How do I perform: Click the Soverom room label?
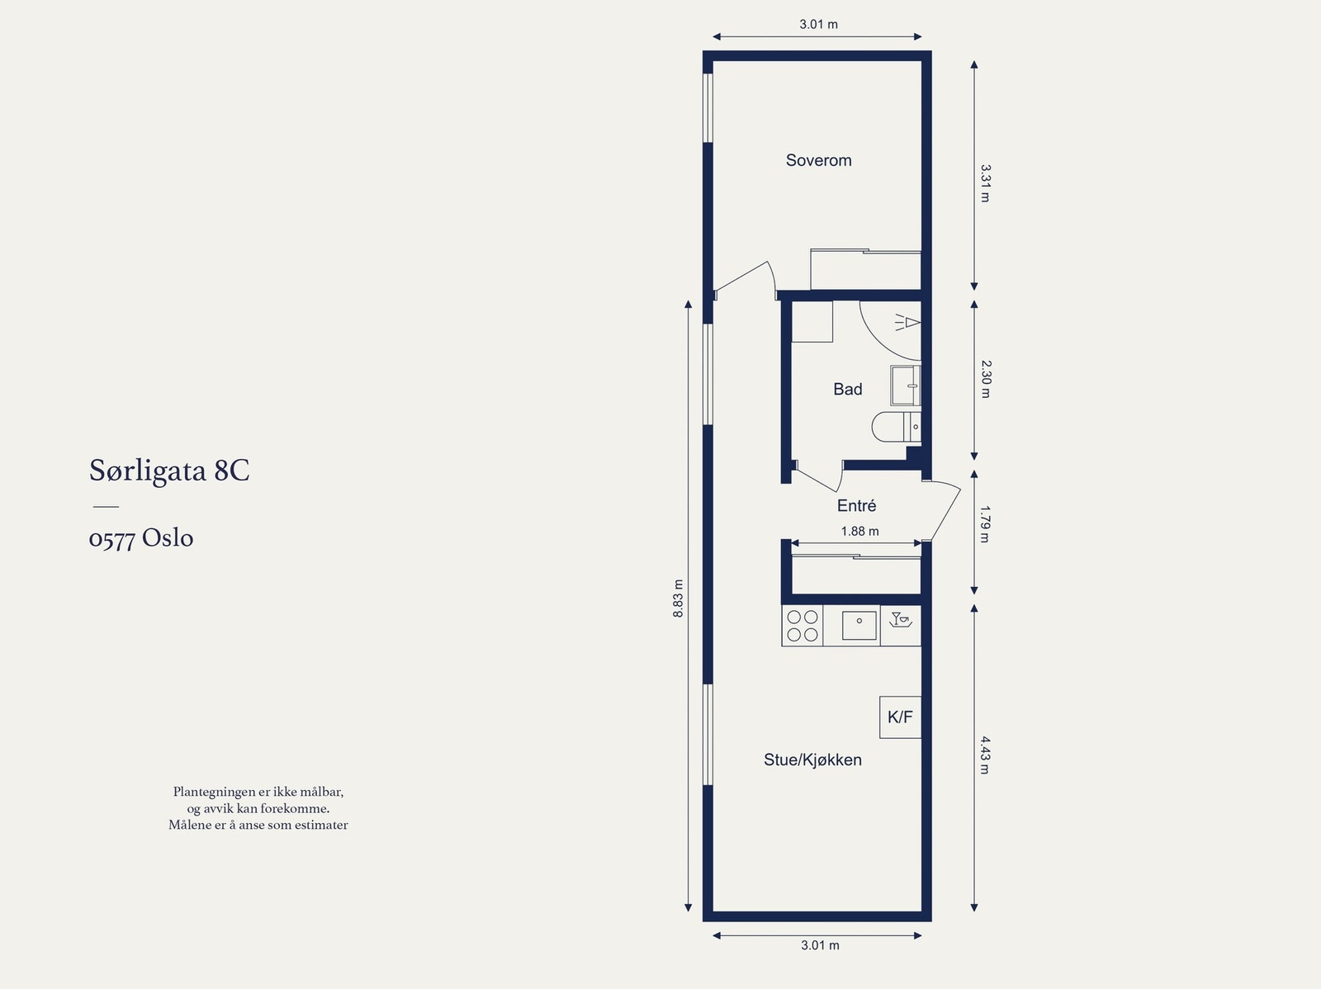click(818, 160)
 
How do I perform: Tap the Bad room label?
click(847, 389)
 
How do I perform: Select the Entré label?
click(856, 505)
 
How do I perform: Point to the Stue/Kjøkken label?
click(812, 759)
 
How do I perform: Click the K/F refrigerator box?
click(900, 717)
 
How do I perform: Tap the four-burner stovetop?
click(803, 626)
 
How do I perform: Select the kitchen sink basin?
click(859, 626)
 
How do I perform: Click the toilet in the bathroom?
click(896, 427)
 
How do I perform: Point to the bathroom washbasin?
click(906, 386)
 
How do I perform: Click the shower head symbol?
click(907, 323)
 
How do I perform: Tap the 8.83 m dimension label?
click(679, 599)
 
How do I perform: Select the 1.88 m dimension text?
click(859, 531)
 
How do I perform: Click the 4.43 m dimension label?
click(985, 755)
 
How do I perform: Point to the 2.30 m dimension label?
click(986, 379)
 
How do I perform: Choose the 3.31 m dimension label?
click(985, 183)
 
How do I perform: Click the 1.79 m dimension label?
click(985, 524)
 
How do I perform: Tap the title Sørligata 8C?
click(169, 471)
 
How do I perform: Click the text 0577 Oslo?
click(141, 538)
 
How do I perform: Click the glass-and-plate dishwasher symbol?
click(901, 620)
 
